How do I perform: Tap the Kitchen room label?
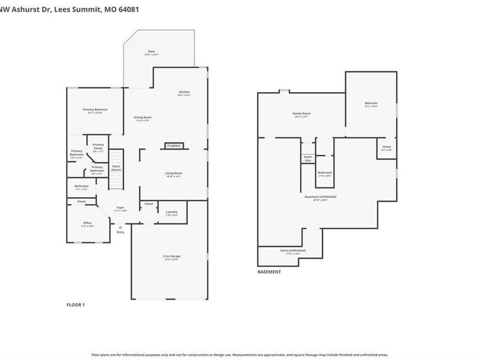coord(184,93)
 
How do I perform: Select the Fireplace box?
coord(174,146)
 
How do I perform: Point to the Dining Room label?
coord(142,118)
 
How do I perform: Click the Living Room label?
coord(173,174)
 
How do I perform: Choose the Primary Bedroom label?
coord(92,110)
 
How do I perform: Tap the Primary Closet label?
coord(98,146)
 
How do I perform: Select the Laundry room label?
coord(172,213)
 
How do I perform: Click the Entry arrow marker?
coord(120,228)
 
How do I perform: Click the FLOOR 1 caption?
coord(75,305)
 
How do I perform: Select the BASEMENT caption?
coord(269,271)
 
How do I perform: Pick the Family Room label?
coord(301,114)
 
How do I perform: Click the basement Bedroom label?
coord(371,104)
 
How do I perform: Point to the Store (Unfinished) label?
coord(293,251)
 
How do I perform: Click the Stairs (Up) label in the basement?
coord(308,158)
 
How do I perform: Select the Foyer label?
coord(121,209)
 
